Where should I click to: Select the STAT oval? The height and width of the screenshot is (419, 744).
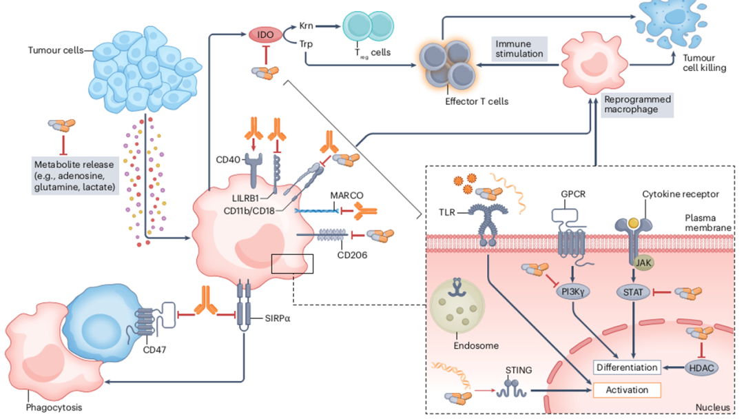[x=632, y=292]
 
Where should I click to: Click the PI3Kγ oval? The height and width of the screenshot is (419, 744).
[x=572, y=292]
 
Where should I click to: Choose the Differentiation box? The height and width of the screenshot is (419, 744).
[x=626, y=367]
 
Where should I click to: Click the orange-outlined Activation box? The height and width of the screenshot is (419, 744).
[x=627, y=390]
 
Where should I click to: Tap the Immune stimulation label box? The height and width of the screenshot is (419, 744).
[x=519, y=48]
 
